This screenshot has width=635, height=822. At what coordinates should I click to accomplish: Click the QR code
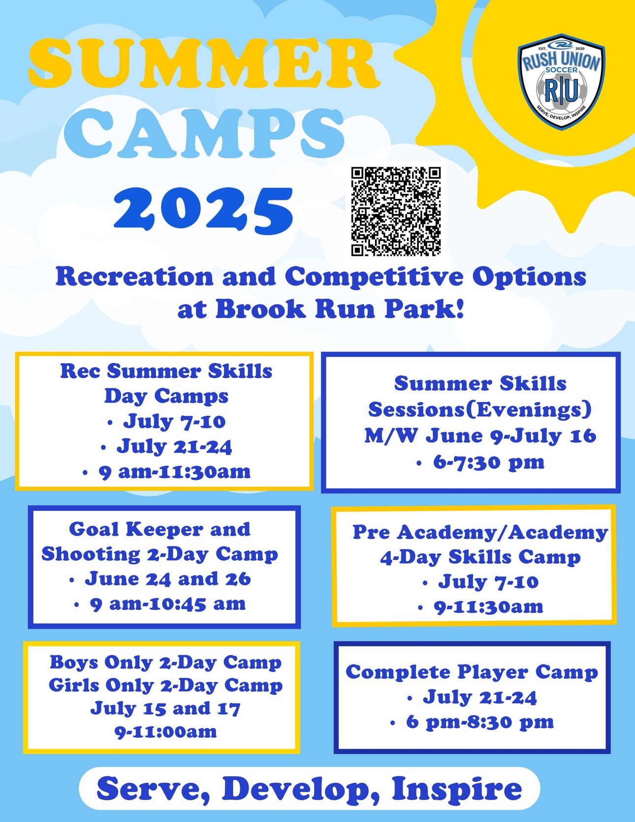[396, 212]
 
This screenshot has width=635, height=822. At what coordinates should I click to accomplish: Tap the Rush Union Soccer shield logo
[562, 82]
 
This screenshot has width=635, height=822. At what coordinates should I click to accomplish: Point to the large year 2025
[203, 210]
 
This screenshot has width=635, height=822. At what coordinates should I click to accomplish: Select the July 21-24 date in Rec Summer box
[174, 446]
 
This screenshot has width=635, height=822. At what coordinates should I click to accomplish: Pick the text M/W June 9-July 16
[480, 436]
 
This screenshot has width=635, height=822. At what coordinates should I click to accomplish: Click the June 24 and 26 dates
[168, 579]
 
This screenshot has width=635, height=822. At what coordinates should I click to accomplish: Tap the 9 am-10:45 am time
[167, 603]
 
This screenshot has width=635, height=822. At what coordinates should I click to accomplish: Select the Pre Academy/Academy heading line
[480, 532]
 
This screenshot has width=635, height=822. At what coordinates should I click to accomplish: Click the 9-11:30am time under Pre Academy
[488, 606]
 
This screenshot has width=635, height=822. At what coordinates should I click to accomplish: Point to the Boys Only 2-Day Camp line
[165, 663]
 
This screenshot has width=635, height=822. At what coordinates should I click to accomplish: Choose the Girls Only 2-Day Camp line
[165, 685]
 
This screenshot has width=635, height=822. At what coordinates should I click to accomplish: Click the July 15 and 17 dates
[165, 708]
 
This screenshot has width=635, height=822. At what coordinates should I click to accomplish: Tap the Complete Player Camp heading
[472, 672]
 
